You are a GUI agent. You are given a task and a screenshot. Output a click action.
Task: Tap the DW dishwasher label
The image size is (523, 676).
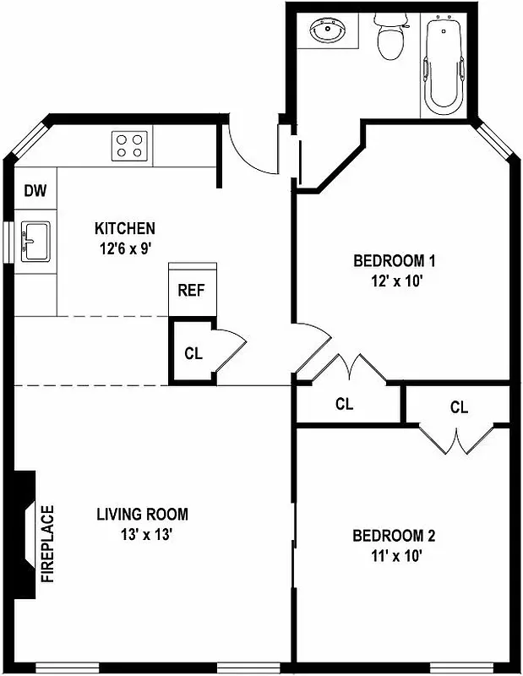35,190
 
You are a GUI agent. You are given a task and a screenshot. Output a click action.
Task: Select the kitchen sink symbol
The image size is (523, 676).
35,242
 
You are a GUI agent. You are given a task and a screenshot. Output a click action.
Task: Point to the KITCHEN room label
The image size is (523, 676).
124,228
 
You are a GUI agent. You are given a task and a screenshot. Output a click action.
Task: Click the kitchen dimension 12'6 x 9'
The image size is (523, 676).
124,248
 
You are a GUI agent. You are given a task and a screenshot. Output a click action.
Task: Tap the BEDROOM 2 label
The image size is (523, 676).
394,536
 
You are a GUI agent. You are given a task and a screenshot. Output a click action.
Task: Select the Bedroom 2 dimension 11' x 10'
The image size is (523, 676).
394,555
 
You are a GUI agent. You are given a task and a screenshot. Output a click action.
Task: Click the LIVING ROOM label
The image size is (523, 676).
142,514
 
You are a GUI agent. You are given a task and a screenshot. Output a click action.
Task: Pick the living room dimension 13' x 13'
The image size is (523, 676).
142,534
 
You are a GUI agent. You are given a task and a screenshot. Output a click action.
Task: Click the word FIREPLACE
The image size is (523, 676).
48,545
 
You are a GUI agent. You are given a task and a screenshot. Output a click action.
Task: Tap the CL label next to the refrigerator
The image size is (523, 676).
193,353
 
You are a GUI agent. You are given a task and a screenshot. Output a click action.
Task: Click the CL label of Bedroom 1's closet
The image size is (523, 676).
344,404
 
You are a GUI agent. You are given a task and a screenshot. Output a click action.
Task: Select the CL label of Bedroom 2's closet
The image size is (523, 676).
459,407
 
